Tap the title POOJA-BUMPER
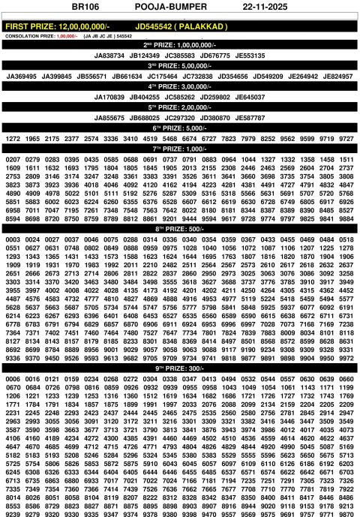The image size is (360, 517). [177, 7]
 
